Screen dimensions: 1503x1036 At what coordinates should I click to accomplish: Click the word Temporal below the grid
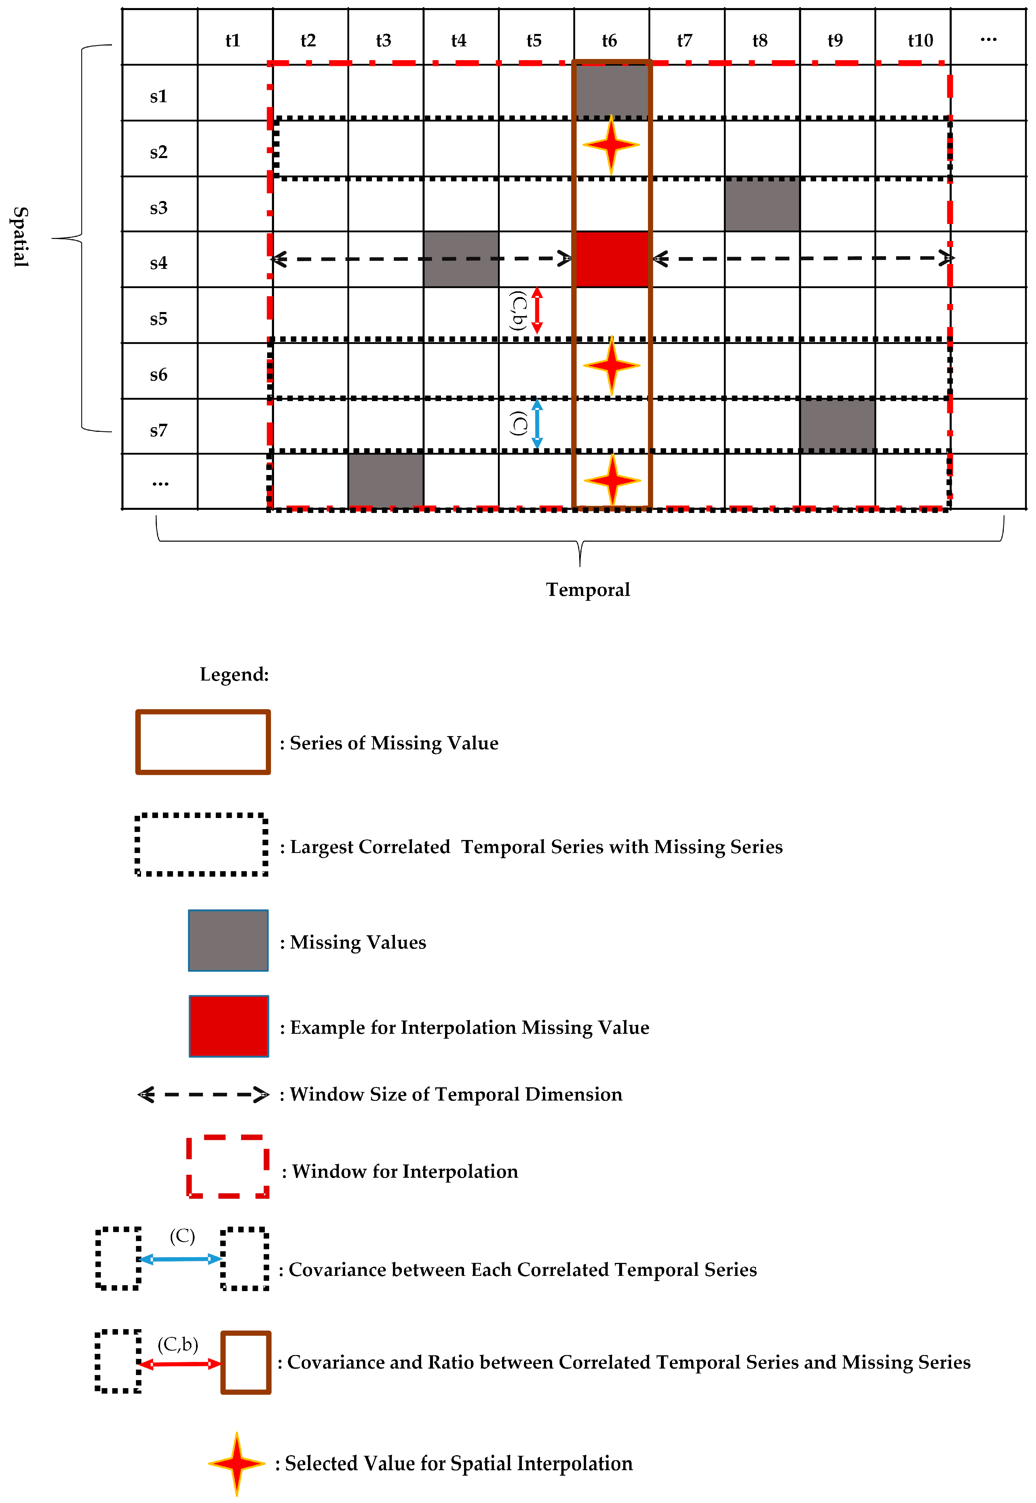click(x=588, y=589)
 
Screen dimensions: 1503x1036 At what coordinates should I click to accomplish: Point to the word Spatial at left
click(x=21, y=237)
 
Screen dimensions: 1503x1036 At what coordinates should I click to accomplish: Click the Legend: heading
click(x=234, y=674)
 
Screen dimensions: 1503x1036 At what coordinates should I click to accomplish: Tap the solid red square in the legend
click(x=229, y=1026)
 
